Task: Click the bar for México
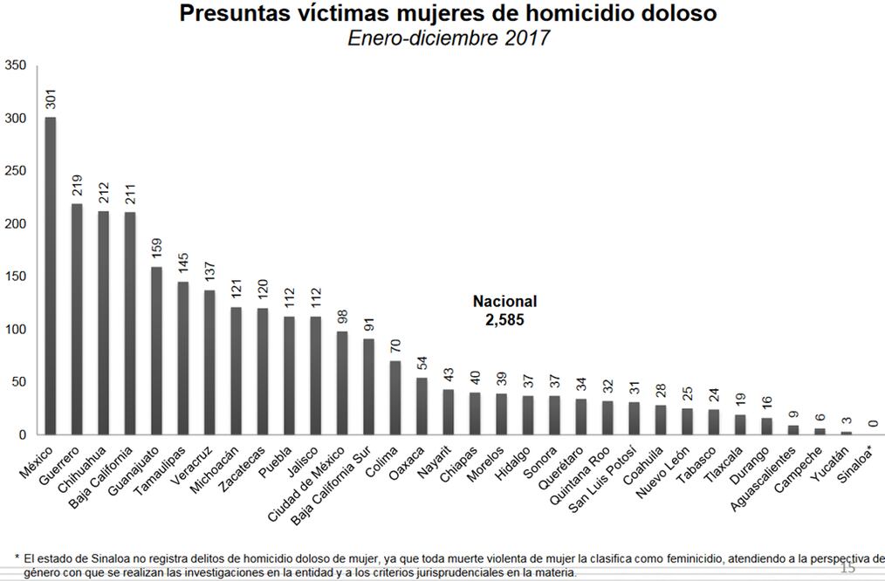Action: [x=51, y=276]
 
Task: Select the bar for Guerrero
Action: [x=77, y=319]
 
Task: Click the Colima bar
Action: [x=395, y=398]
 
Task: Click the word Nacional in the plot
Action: [x=505, y=301]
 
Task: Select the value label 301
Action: [x=50, y=97]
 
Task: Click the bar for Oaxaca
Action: [x=422, y=407]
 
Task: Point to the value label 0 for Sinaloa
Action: [x=872, y=423]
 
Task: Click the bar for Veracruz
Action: [x=209, y=363]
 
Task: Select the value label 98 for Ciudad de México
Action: [x=342, y=317]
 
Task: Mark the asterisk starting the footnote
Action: [x=17, y=557]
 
